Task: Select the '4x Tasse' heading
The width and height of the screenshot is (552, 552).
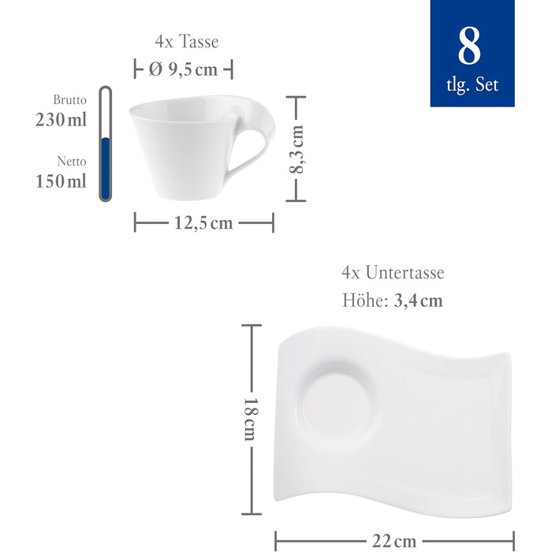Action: [x=185, y=41]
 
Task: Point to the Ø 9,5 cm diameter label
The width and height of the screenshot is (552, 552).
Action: [x=184, y=70]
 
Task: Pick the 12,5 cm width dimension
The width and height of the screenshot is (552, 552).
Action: [x=203, y=223]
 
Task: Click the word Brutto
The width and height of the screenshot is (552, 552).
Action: [x=70, y=101]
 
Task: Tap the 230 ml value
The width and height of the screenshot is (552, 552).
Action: [x=61, y=120]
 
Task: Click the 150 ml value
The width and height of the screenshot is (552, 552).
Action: [x=61, y=181]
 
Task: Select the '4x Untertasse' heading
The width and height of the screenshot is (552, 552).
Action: [x=393, y=273]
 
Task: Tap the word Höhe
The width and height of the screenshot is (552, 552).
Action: [x=364, y=300]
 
